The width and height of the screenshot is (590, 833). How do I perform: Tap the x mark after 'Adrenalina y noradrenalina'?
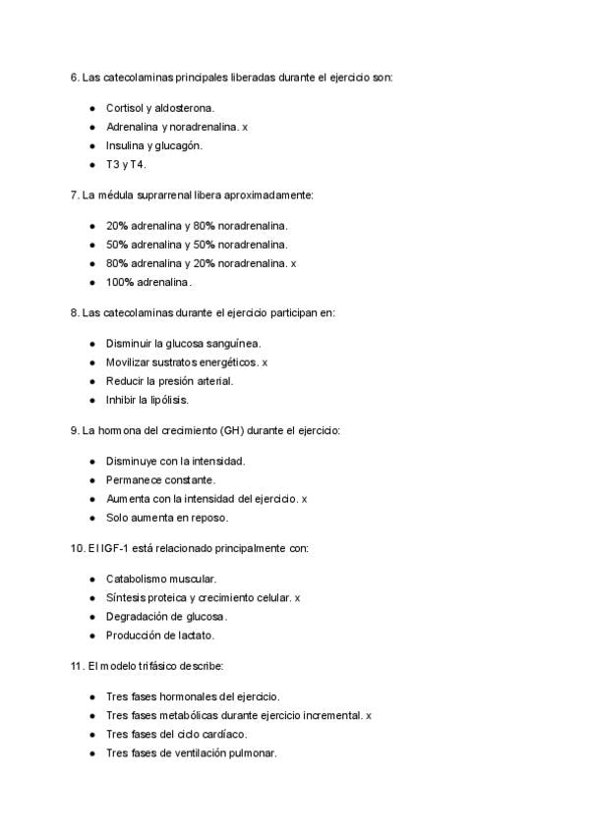(x=246, y=127)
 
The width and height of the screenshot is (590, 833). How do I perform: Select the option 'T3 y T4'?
(x=126, y=165)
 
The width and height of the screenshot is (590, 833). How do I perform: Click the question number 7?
(x=74, y=195)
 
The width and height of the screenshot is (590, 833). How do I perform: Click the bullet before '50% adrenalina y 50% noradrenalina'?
(x=92, y=245)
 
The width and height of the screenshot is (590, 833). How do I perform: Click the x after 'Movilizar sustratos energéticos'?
(x=265, y=362)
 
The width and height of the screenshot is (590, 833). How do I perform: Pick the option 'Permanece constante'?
(x=160, y=479)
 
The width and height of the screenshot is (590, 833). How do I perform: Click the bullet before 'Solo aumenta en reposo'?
(x=92, y=518)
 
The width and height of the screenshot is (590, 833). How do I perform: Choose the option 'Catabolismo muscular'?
(x=161, y=579)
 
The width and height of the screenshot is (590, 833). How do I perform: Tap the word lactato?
(x=194, y=636)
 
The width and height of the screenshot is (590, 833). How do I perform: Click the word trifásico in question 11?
(x=154, y=666)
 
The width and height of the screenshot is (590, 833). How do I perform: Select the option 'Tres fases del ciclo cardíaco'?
(x=176, y=734)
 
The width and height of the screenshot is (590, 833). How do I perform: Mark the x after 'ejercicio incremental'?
(x=369, y=715)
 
